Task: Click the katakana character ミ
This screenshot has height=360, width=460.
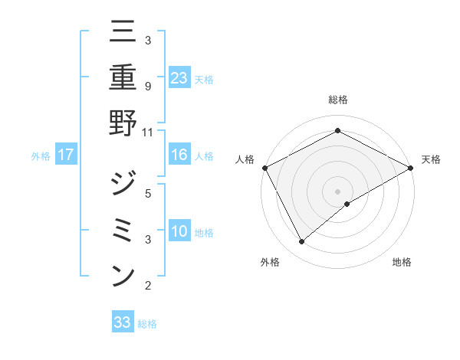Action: point(123,230)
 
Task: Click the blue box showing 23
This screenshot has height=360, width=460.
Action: point(179,77)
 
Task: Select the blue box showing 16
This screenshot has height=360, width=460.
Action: point(179,155)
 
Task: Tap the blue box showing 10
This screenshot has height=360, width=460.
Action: point(179,231)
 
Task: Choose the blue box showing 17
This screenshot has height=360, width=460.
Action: point(66,155)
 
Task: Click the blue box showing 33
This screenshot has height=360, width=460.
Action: point(123,322)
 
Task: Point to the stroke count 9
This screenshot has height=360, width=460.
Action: point(148,87)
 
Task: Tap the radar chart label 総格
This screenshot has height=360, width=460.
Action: point(337,100)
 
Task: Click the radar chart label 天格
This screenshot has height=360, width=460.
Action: point(431,159)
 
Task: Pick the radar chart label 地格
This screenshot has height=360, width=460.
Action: point(402,262)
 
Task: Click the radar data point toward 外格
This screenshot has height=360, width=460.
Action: point(302,242)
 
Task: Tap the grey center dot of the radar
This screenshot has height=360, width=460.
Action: point(337,191)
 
